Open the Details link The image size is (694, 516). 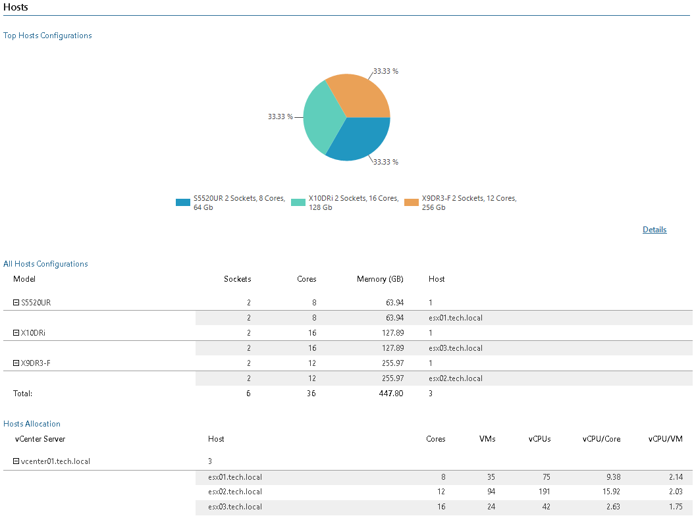pyautogui.click(x=654, y=230)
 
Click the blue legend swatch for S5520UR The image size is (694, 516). pyautogui.click(x=182, y=202)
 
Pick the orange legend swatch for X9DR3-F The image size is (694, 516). pyautogui.click(x=412, y=202)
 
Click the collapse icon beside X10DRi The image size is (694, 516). pyautogui.click(x=16, y=333)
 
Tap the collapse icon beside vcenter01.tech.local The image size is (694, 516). pyautogui.click(x=16, y=461)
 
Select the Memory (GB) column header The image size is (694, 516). pyautogui.click(x=380, y=279)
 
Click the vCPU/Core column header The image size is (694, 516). pyautogui.click(x=601, y=439)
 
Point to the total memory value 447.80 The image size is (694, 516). pyautogui.click(x=391, y=394)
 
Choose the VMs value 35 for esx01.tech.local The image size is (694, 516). pyautogui.click(x=489, y=477)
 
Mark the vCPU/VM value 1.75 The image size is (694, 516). pyautogui.click(x=675, y=507)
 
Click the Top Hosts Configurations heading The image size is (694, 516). pyautogui.click(x=47, y=36)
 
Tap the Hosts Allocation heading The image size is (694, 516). pyautogui.click(x=32, y=424)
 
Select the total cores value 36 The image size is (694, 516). pyautogui.click(x=311, y=394)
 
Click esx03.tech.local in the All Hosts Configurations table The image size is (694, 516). pyautogui.click(x=455, y=348)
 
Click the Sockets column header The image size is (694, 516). pyautogui.click(x=237, y=279)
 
